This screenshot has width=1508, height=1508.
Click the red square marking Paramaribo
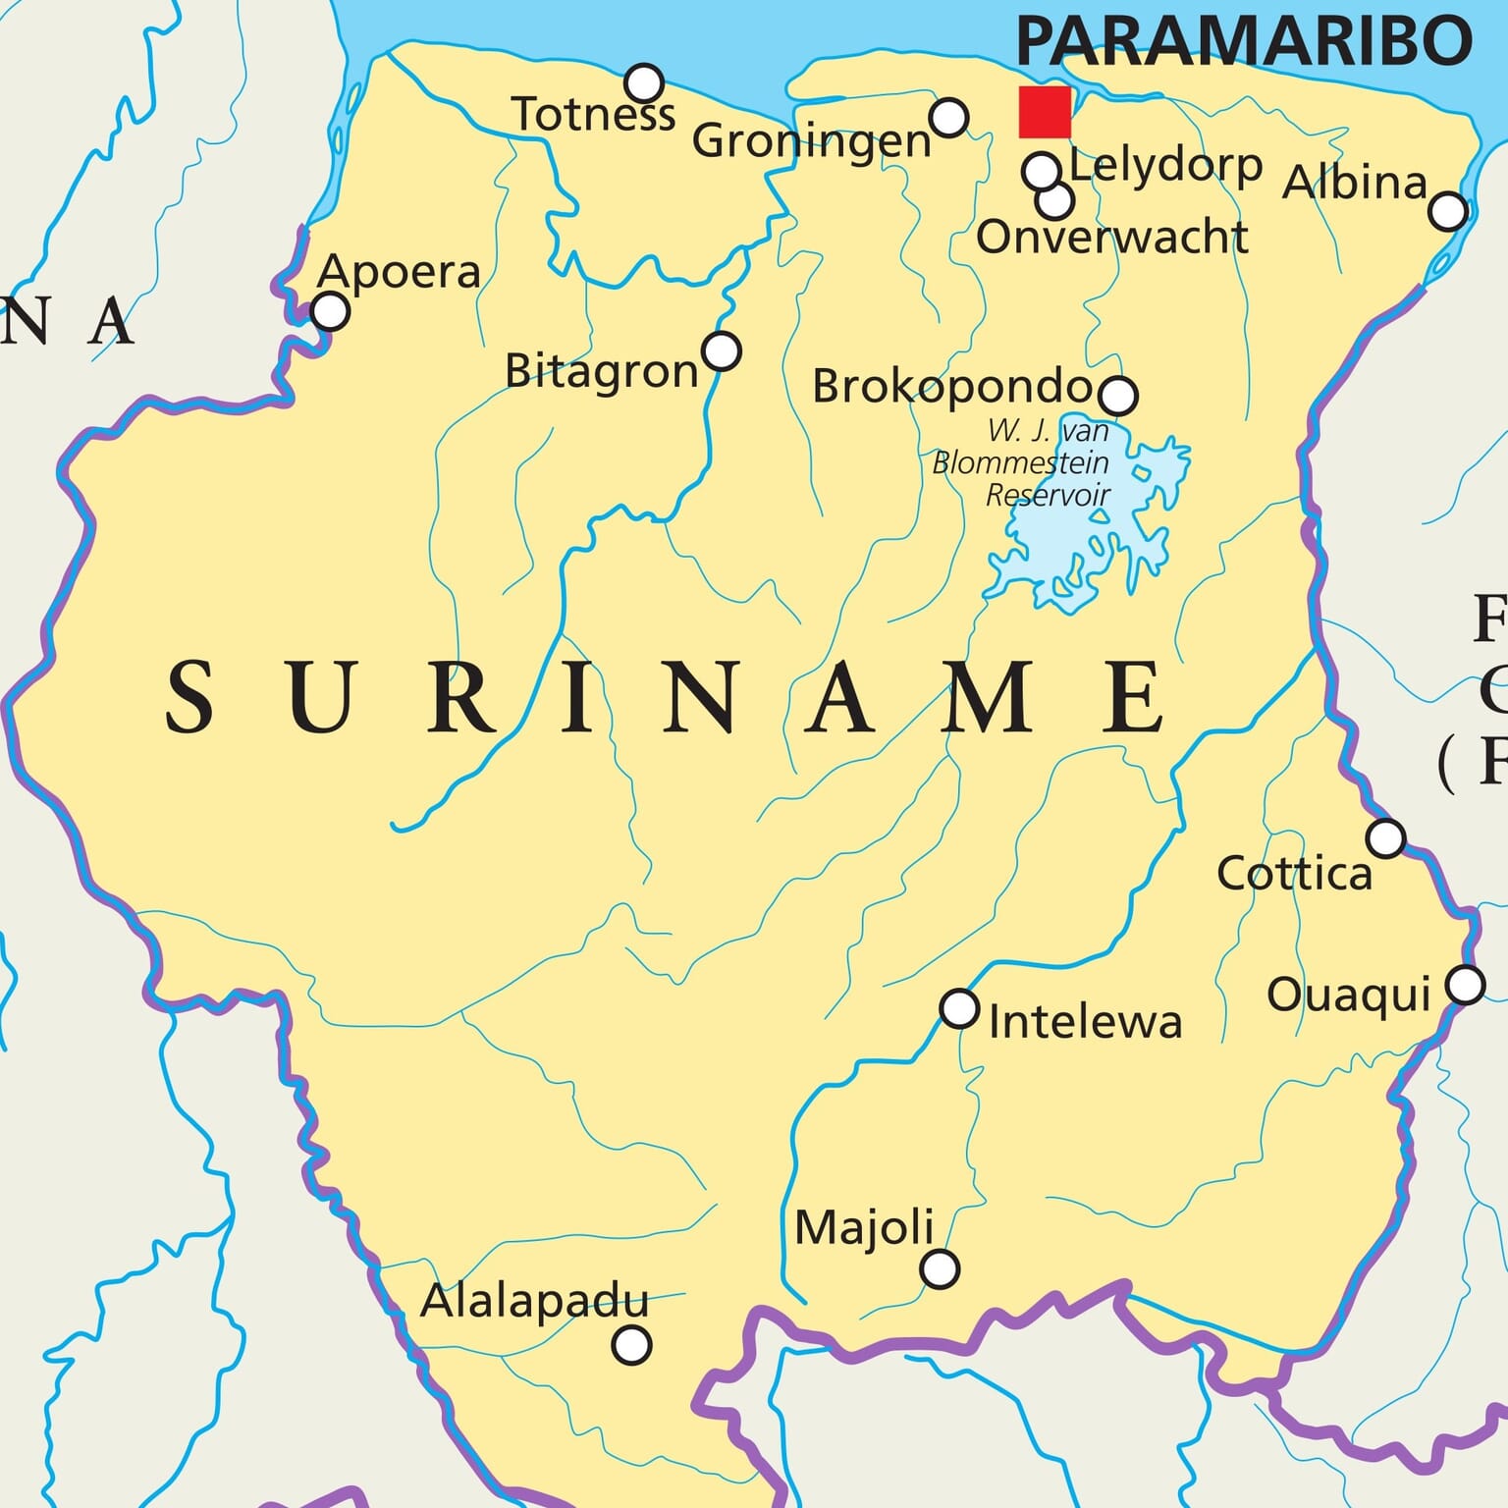pos(1045,112)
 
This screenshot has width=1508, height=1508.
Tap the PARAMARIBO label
pos(1244,41)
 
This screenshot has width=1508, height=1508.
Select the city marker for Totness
pos(644,82)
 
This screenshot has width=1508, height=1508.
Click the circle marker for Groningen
pos(949,117)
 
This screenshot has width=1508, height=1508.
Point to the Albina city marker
pos(1448,211)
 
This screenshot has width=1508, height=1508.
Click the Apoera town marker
pos(330,312)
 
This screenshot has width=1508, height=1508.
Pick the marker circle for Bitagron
pos(722,350)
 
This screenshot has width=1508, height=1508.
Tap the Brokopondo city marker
pos(1118,395)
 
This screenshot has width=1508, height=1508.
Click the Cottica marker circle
pos(1385,838)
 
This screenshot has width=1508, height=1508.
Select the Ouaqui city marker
pos(1465,984)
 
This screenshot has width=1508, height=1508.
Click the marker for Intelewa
pos(959,1008)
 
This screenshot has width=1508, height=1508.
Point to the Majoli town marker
pos(940,1268)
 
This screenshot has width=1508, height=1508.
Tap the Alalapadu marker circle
pos(631,1344)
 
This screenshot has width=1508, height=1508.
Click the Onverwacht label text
pos(1111,238)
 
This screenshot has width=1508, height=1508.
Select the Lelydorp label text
pos(1165,166)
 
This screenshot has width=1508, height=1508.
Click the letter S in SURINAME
pos(189,697)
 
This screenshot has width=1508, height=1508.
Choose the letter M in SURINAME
pos(988,697)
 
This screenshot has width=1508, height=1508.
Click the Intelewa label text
pos(1085,1023)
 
